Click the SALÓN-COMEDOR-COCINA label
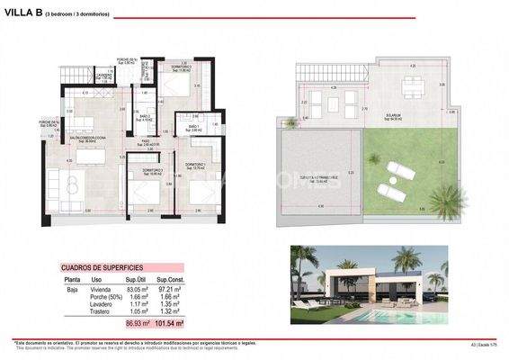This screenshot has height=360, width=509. click(86, 138)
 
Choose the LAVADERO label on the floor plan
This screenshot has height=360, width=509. click(103, 76)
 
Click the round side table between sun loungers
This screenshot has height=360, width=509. click(399, 179)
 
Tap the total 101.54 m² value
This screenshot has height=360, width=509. click(167, 321)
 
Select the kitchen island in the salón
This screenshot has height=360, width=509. click(90, 156)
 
